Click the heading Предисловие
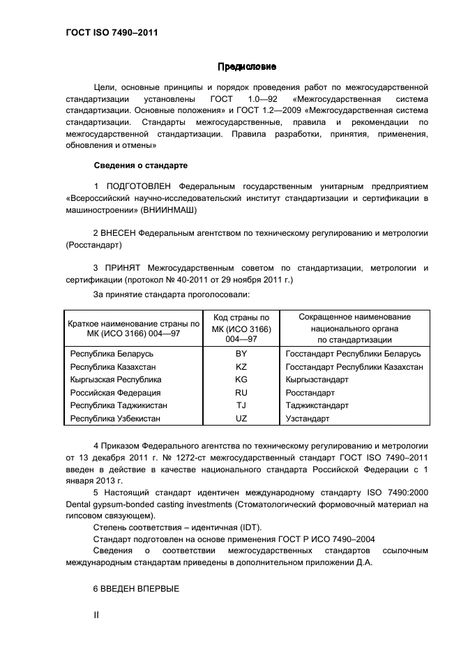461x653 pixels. tap(247, 68)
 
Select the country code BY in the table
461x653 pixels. tap(241, 354)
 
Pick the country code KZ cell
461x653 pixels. tap(241, 366)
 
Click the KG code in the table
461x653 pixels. tap(241, 380)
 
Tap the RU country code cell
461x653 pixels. tap(241, 393)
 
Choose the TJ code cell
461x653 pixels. tap(241, 405)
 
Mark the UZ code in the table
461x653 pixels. tap(241, 419)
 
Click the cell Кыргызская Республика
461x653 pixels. tap(116, 380)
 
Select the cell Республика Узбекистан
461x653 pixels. tap(115, 419)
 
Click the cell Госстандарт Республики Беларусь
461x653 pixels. tap(353, 354)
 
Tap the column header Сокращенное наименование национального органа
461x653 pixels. tap(355, 328)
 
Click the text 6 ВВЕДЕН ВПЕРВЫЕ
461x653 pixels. tap(137, 589)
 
